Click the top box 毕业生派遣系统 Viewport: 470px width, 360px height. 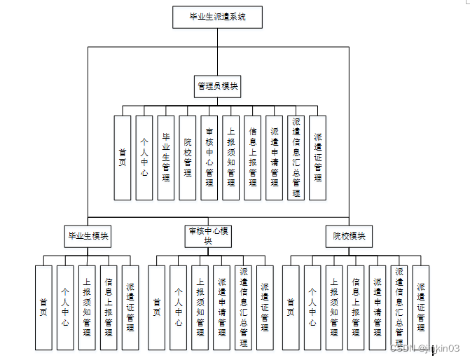(x=217, y=17)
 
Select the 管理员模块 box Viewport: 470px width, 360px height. (x=217, y=86)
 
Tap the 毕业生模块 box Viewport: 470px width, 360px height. (x=88, y=236)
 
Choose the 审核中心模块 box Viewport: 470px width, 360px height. (x=208, y=236)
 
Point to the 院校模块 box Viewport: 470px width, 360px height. (x=349, y=236)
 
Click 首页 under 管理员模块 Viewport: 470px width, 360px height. (x=123, y=158)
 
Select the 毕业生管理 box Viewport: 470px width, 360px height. (x=166, y=158)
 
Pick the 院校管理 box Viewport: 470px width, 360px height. (x=188, y=158)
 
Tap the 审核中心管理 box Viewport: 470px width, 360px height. (x=209, y=158)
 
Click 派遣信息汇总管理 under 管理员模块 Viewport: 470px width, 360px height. (x=296, y=158)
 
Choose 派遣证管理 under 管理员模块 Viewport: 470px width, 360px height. (x=318, y=158)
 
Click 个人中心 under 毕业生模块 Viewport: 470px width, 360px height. (x=65, y=307)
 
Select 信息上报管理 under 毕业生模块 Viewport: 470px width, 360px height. (x=109, y=307)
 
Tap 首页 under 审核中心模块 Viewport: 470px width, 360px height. (x=157, y=307)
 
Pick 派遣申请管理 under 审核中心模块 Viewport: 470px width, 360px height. (x=221, y=307)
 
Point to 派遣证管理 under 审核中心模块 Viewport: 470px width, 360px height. (x=265, y=307)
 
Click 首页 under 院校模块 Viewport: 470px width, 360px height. (x=291, y=307)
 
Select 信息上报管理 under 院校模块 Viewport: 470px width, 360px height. (x=356, y=307)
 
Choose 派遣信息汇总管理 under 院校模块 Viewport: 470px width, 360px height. (x=399, y=307)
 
